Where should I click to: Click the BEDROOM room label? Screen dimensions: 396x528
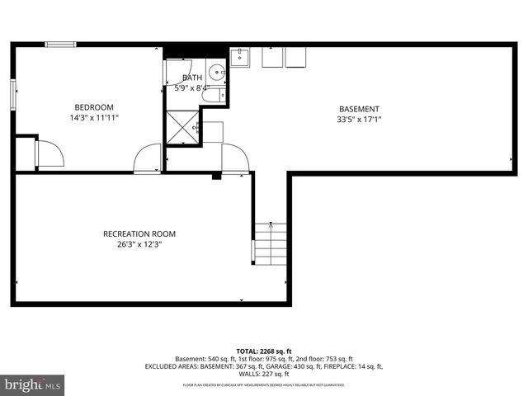[94, 107]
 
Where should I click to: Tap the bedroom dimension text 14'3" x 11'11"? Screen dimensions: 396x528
[94, 118]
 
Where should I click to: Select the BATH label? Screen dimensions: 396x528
[191, 78]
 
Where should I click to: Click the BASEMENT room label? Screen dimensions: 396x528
[359, 109]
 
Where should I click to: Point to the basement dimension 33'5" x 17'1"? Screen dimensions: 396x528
[359, 120]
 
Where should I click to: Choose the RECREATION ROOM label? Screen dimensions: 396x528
[139, 233]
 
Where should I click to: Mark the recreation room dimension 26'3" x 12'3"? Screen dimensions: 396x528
[139, 244]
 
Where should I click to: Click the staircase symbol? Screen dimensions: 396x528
[271, 244]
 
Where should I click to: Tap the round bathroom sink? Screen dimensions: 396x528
[216, 71]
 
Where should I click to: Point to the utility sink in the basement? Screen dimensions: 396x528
[239, 56]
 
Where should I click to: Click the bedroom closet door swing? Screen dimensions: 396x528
[48, 154]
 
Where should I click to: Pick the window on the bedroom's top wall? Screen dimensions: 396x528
[60, 44]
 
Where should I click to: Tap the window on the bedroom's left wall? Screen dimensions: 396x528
[12, 93]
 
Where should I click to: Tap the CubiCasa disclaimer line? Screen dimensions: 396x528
[264, 385]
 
